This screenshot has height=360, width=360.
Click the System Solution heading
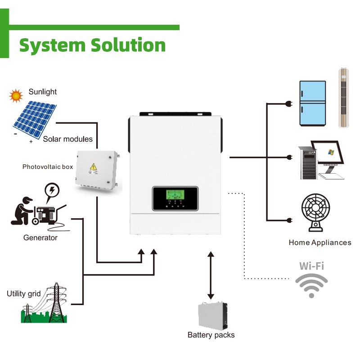[92, 45]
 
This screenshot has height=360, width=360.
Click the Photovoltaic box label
[48, 167]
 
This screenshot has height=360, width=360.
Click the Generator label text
[40, 238]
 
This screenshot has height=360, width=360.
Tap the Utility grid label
[24, 294]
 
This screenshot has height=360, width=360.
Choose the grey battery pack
[213, 315]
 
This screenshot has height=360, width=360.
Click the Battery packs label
[211, 335]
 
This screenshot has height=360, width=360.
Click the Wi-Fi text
[312, 266]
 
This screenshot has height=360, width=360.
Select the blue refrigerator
[312, 103]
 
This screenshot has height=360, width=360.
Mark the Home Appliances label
[320, 243]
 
